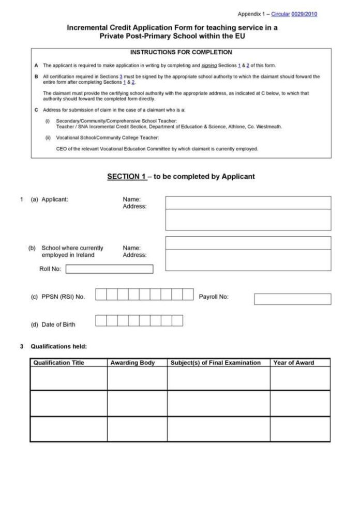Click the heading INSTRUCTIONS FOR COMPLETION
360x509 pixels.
click(181, 52)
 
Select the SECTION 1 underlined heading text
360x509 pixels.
click(127, 177)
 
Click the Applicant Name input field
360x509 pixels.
click(248, 202)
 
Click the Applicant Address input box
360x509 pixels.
click(248, 220)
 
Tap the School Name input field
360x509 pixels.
click(248, 243)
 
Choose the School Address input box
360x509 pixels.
click(248, 260)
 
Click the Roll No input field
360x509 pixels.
click(109, 269)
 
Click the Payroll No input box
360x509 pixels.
click(292, 299)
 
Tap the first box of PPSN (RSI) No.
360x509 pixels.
click(101, 294)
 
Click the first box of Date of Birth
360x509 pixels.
click(101, 320)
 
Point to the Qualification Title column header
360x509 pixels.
click(58, 363)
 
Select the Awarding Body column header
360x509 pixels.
click(132, 363)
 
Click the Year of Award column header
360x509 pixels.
click(294, 363)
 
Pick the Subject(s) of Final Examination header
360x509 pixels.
click(216, 363)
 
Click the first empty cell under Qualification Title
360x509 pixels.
click(68, 378)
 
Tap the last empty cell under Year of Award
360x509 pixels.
click(300, 429)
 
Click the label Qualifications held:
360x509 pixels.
click(58, 346)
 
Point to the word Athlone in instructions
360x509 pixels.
click(237, 127)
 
